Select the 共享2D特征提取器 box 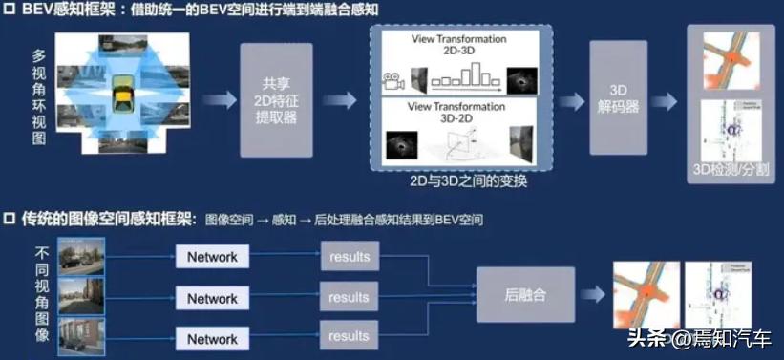pos(276,99)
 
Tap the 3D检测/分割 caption pos(733,172)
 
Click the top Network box pos(212,257)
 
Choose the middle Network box pos(212,298)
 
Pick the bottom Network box pos(212,338)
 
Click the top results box pos(349,257)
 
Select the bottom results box pos(349,336)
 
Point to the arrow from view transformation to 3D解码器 pos(571,99)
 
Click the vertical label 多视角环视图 pos(39,95)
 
